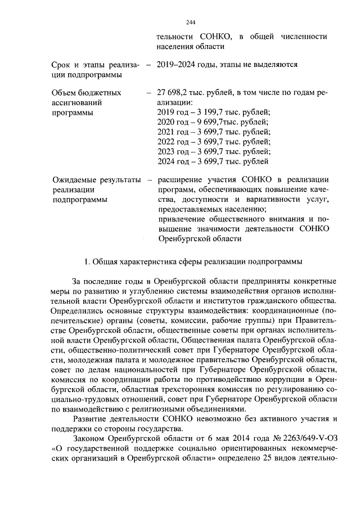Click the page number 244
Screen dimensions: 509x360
click(190, 22)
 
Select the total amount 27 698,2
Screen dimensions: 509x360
click(175, 92)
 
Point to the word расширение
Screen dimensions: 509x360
click(182, 180)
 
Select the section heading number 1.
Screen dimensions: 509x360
click(86, 262)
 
